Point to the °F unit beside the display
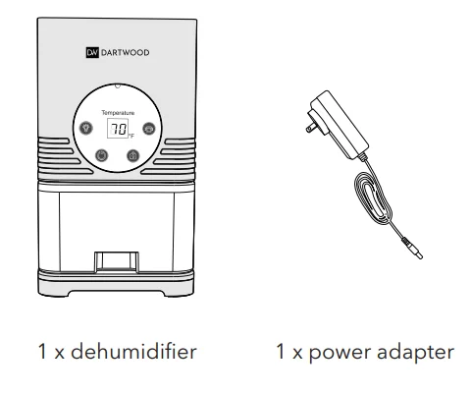[x=130, y=135]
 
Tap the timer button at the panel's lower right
[x=132, y=154]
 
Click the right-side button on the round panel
[x=148, y=128]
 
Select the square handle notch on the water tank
[x=116, y=262]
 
